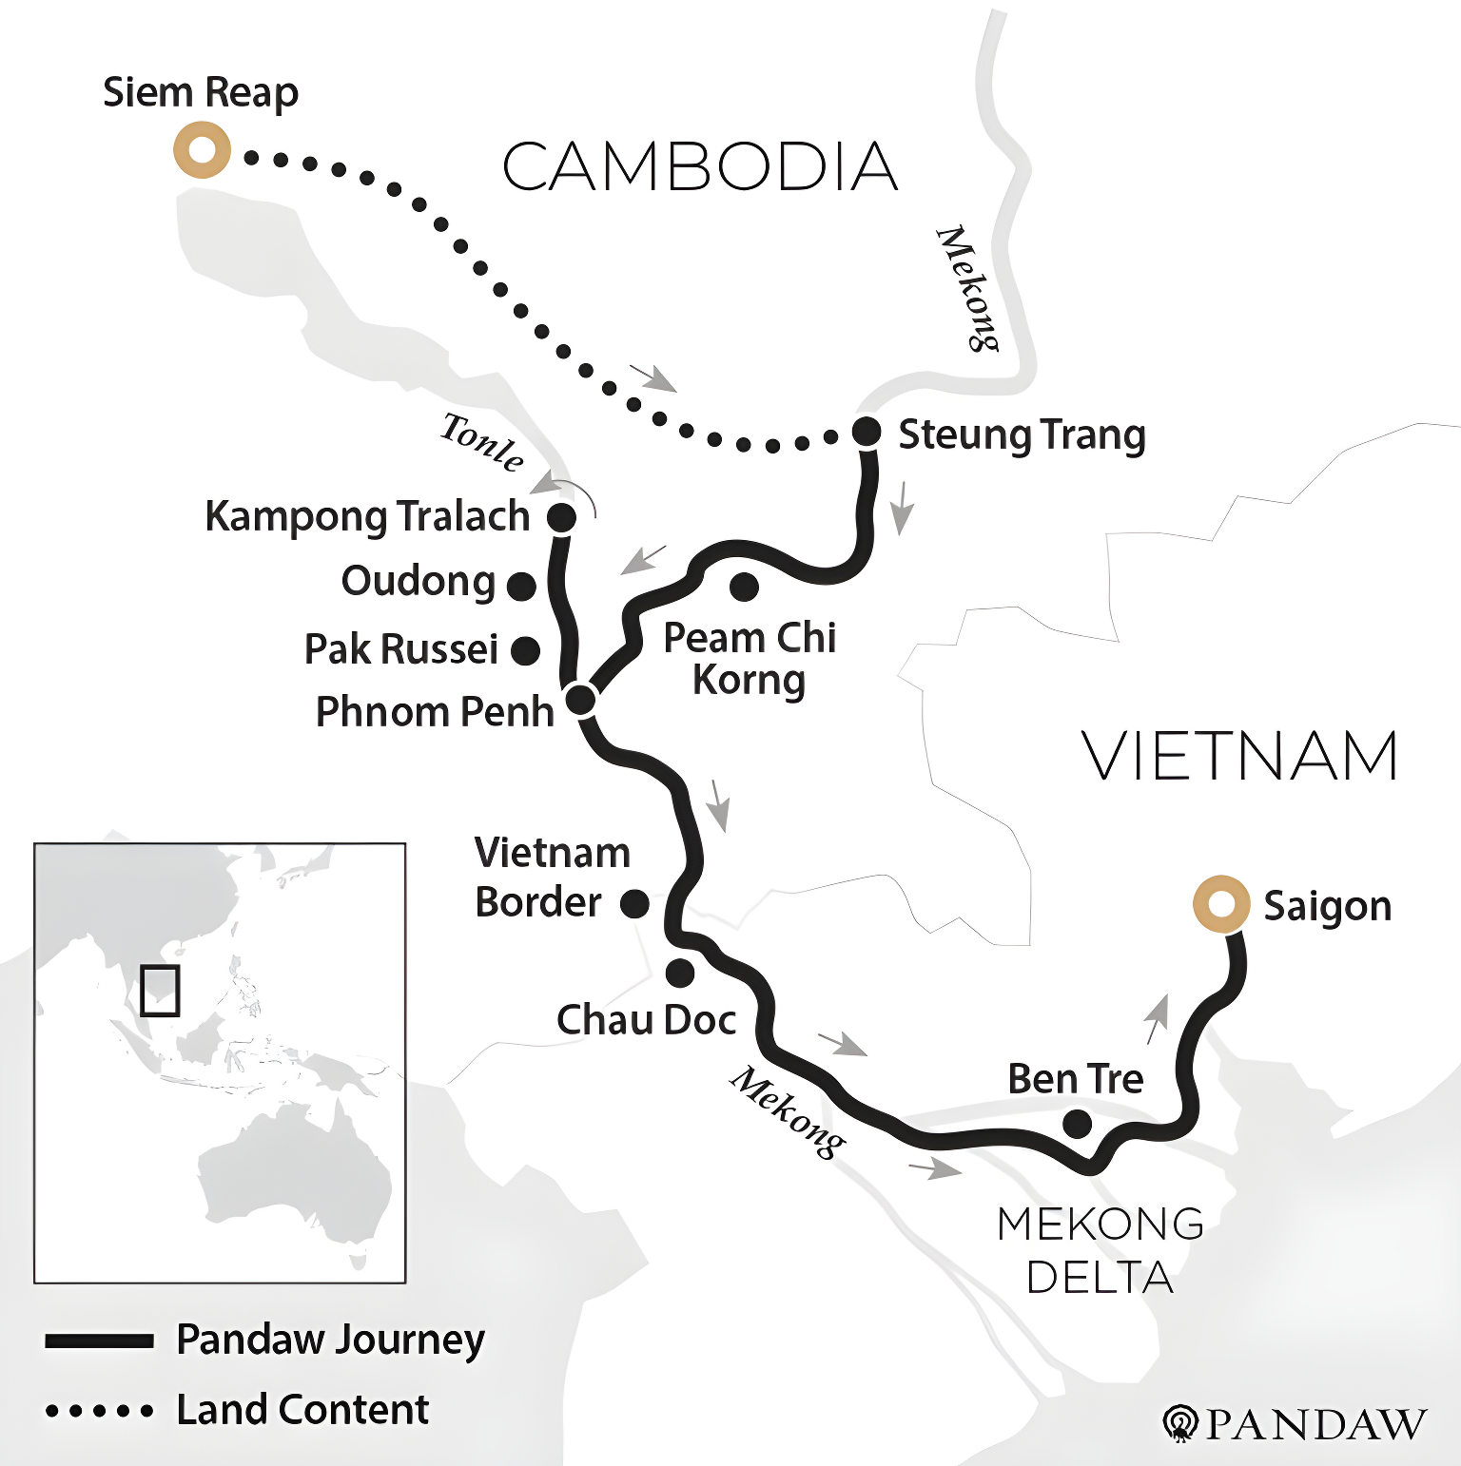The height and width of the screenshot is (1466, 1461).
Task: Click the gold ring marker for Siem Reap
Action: coord(202,150)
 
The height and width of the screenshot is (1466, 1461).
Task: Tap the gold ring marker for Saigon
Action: coord(1220,903)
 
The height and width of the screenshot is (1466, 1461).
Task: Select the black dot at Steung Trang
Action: coord(866,431)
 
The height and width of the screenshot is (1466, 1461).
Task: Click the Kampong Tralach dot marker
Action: coord(561,517)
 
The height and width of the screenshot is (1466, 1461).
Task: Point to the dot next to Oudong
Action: coord(521,586)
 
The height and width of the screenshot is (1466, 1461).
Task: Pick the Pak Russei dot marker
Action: coord(525,650)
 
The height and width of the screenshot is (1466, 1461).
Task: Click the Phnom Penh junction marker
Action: coord(580,700)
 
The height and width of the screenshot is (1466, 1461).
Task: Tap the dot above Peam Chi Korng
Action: coord(744,587)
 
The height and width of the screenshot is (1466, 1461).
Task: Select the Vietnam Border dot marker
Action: coord(634,903)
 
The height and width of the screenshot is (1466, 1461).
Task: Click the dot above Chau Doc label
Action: coord(680,973)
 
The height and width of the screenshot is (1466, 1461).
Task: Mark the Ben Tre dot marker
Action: coord(1077,1124)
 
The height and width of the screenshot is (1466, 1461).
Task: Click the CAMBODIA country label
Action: coord(699,167)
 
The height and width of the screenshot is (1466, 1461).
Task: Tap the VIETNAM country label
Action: coord(1239,757)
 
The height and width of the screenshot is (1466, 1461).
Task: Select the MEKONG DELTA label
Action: coord(1101,1249)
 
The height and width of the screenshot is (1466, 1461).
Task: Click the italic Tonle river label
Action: coord(482,442)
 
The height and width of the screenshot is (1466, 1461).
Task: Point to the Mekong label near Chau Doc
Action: coord(787,1112)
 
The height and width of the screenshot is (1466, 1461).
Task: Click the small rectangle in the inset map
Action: coord(160,991)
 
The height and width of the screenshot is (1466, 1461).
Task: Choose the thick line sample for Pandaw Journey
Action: coord(99,1341)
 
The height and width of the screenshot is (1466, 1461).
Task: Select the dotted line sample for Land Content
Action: coord(99,1411)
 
